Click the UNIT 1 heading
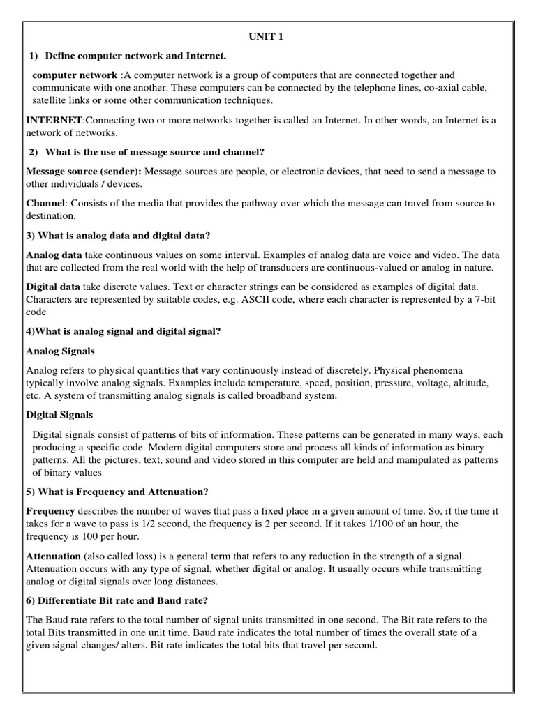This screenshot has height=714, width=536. pos(267,37)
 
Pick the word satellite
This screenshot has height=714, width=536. pos(50,100)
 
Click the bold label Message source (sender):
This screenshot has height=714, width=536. pos(83,172)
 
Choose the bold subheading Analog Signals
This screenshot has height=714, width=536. pos(60,351)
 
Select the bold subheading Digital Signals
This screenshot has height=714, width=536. pos(59,415)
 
